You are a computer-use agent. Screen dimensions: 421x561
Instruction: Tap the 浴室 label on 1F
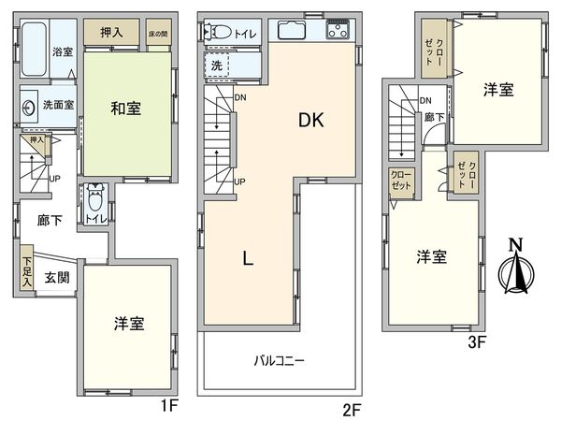click(x=63, y=52)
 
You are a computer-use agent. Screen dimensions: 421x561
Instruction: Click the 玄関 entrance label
click(x=56, y=277)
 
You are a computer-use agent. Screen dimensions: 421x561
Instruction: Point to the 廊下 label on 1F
click(x=50, y=221)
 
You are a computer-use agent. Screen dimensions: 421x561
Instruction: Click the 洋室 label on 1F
click(x=129, y=323)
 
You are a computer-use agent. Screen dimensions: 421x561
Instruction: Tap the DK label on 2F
click(x=311, y=120)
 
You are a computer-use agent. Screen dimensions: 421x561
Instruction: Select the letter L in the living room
click(x=248, y=261)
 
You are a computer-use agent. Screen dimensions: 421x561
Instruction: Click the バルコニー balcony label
click(x=279, y=359)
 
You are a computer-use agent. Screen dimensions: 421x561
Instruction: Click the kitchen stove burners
click(x=336, y=31)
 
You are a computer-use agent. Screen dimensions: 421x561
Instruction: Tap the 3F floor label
click(x=477, y=342)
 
